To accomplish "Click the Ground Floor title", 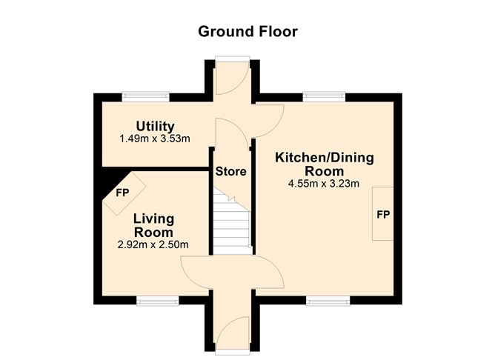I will tap(247, 32).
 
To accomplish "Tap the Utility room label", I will tap(156, 126).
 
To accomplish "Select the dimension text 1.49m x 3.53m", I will tap(156, 139).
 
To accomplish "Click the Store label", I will tap(230, 171).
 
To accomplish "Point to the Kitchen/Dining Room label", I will tap(324, 164).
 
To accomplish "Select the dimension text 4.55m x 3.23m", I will tap(324, 184).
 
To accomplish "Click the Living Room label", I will tap(153, 225).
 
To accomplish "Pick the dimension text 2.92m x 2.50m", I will tap(153, 244).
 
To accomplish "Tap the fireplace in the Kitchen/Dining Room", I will tap(383, 214).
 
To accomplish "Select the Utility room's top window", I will tap(146, 95).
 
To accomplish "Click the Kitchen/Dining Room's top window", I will tap(324, 95).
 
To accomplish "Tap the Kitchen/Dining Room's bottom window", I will tap(328, 301).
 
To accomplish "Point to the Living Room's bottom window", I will tap(157, 301).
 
